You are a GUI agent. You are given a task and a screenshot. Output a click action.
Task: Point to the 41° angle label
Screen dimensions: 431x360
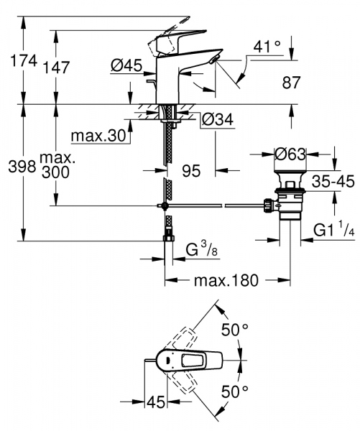coord(268,48)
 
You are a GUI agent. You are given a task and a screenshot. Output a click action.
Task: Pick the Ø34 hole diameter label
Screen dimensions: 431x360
coord(216,120)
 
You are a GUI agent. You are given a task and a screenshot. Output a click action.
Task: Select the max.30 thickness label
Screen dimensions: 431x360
coord(98,135)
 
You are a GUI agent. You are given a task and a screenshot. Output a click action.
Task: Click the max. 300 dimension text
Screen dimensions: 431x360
coord(57,167)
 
